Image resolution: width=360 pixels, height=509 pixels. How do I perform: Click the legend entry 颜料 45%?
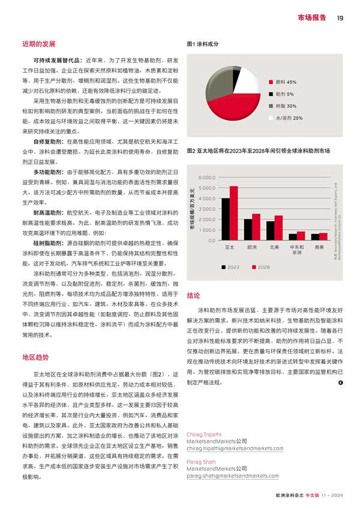(x=286, y=82)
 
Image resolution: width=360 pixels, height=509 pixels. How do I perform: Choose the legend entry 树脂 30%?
(x=286, y=106)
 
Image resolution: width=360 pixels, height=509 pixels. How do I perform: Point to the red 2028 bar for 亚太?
(x=234, y=213)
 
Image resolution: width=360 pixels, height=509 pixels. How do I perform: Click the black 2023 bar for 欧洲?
(x=248, y=230)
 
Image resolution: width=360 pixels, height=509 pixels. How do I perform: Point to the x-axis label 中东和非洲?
(x=296, y=249)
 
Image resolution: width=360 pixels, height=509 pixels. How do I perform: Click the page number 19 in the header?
(x=340, y=17)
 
